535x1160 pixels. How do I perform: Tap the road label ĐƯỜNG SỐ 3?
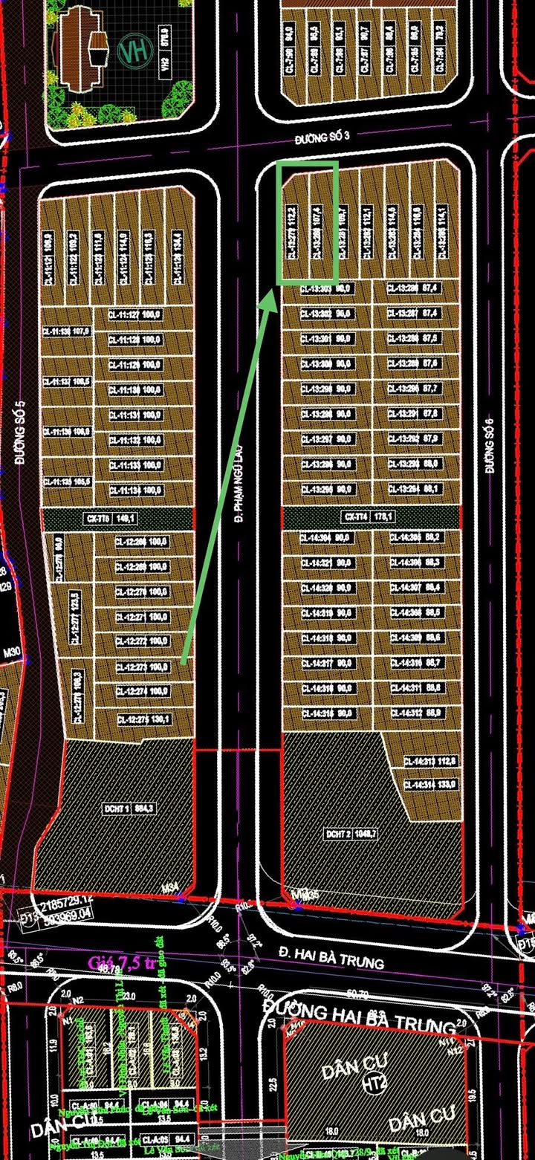321,137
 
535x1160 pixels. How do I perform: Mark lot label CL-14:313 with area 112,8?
430,761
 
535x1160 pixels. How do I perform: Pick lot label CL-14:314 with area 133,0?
430,784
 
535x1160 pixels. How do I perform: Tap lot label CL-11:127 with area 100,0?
135,314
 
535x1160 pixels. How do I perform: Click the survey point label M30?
10,652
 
